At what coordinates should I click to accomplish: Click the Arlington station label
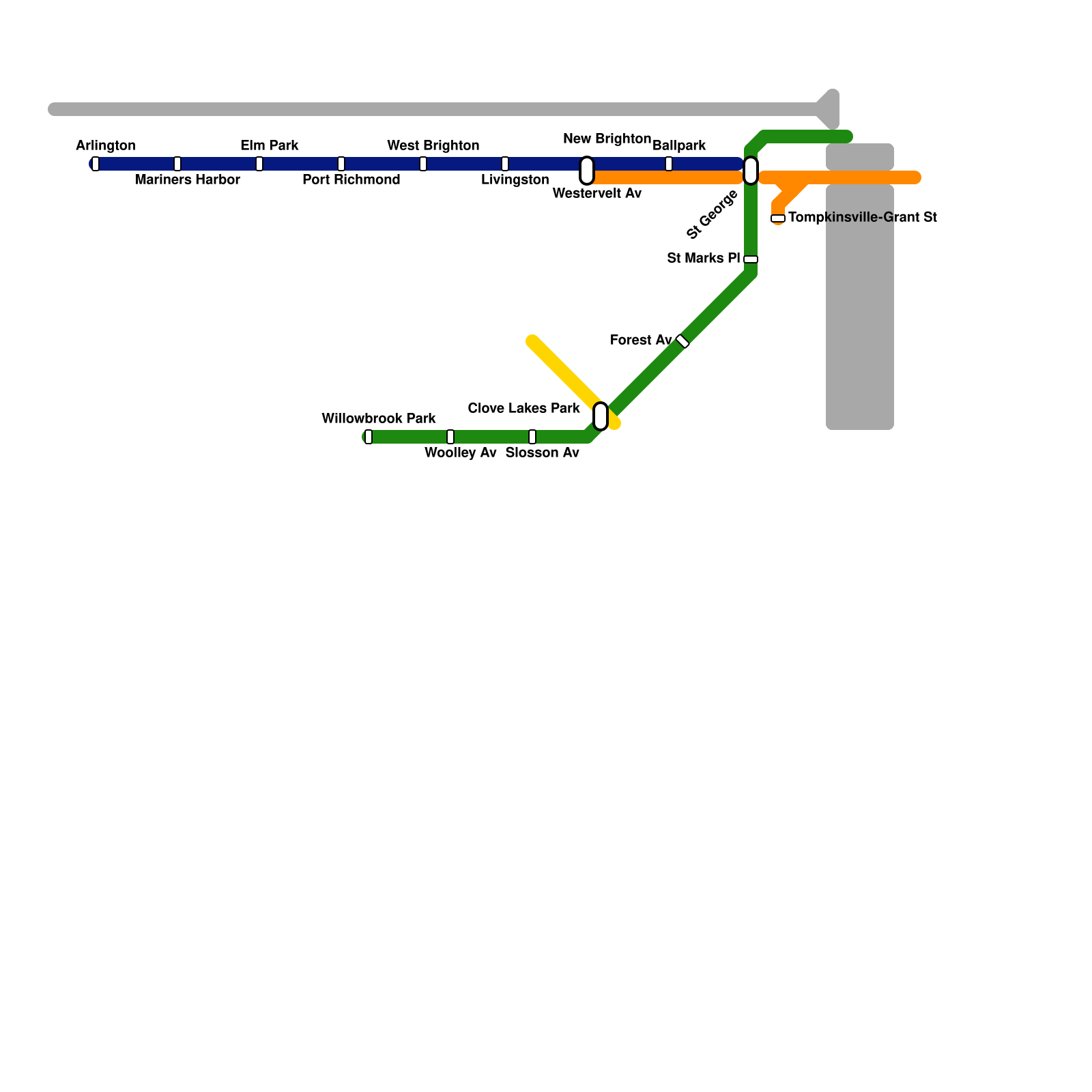pyautogui.click(x=105, y=145)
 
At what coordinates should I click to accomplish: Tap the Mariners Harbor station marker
pyautogui.click(x=177, y=164)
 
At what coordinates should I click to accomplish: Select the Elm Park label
pyautogui.click(x=269, y=145)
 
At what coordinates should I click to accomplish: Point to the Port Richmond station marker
pyautogui.click(x=341, y=164)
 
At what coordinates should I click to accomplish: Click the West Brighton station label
pyautogui.click(x=433, y=145)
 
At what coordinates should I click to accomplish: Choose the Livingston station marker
pyautogui.click(x=505, y=164)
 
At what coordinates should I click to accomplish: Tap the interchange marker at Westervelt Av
pyautogui.click(x=587, y=171)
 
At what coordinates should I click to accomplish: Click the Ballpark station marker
pyautogui.click(x=669, y=164)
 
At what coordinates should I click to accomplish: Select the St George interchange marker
pyautogui.click(x=751, y=171)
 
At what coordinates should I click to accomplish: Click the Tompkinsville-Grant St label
pyautogui.click(x=862, y=218)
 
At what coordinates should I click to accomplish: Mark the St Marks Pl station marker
pyautogui.click(x=751, y=259)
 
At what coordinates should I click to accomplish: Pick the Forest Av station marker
pyautogui.click(x=682, y=341)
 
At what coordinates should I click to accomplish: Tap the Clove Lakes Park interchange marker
pyautogui.click(x=601, y=416)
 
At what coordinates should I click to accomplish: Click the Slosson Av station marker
pyautogui.click(x=532, y=437)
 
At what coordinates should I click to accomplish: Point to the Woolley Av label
pyautogui.click(x=460, y=453)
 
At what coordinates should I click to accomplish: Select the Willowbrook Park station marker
pyautogui.click(x=369, y=437)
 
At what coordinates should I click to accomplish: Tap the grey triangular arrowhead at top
pyautogui.click(x=829, y=109)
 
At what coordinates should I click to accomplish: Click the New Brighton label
pyautogui.click(x=607, y=139)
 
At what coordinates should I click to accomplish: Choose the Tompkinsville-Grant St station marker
pyautogui.click(x=778, y=218)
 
